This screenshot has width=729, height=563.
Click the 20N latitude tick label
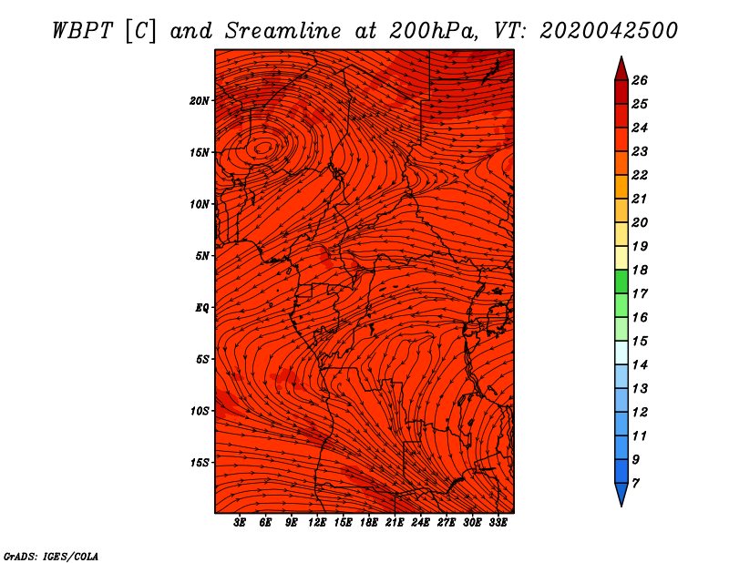[x=200, y=100]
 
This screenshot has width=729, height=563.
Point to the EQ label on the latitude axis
[x=202, y=307]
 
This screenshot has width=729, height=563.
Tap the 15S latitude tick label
[x=200, y=462]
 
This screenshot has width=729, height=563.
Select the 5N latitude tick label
[x=202, y=255]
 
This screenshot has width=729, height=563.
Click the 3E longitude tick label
[x=241, y=523]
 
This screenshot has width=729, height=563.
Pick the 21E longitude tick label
[x=395, y=523]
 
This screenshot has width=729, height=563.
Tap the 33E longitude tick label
[x=498, y=523]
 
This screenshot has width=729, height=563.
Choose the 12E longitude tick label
[x=317, y=523]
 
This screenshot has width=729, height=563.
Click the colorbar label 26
[x=640, y=80]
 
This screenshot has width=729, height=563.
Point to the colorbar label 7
[x=635, y=482]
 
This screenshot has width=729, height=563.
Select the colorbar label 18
[x=640, y=270]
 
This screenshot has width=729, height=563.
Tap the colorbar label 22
[x=640, y=175]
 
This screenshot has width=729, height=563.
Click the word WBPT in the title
[x=83, y=30]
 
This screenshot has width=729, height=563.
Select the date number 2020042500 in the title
[x=609, y=30]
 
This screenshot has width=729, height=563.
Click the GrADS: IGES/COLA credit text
[x=50, y=555]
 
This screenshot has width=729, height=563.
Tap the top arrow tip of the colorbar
[x=621, y=60]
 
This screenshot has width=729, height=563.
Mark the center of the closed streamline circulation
[x=263, y=147]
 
